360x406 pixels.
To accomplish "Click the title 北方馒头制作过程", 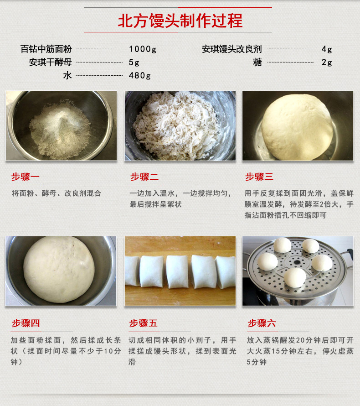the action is click(180, 21).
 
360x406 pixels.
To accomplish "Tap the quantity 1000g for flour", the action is click(143, 49).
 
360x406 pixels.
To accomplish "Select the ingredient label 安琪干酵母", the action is click(50, 62).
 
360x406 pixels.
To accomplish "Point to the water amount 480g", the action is click(139, 76).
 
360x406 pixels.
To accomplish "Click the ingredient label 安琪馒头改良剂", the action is click(232, 49).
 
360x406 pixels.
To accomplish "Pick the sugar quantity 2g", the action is click(327, 62).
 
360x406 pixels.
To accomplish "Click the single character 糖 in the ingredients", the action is click(257, 62).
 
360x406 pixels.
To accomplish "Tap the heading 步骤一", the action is click(26, 177).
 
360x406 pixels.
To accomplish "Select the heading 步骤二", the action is click(144, 177).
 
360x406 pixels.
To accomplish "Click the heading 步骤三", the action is click(259, 177).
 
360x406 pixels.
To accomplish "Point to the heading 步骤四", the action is click(26, 323).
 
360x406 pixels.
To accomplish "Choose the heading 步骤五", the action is click(143, 323).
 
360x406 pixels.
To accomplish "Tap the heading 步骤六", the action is click(262, 323).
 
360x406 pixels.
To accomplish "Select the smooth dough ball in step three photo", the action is click(297, 127).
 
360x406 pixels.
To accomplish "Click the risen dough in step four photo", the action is click(59, 270).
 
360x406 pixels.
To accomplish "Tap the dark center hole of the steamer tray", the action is click(297, 262).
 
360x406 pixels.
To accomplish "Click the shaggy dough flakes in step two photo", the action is click(176, 126).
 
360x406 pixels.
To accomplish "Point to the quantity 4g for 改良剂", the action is click(327, 49).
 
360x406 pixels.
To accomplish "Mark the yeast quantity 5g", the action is click(134, 62).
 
